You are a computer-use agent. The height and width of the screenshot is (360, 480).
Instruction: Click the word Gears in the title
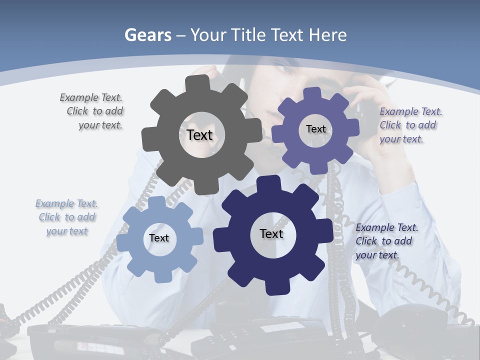pos(147,35)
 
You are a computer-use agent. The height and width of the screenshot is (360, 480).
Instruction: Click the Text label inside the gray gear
pos(199,135)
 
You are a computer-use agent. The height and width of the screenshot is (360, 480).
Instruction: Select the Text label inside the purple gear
pos(316,129)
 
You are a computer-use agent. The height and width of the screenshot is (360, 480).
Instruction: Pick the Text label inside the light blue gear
pos(159,238)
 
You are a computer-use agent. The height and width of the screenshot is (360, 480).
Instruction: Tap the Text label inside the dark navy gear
pos(271,233)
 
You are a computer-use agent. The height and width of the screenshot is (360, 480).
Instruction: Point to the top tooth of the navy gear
pos(270,184)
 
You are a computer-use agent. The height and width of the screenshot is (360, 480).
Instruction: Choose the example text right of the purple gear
pos(410,125)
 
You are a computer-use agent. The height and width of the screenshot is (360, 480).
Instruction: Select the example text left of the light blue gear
pos(67,217)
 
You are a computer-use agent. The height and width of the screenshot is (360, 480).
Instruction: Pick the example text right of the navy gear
pos(386,241)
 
